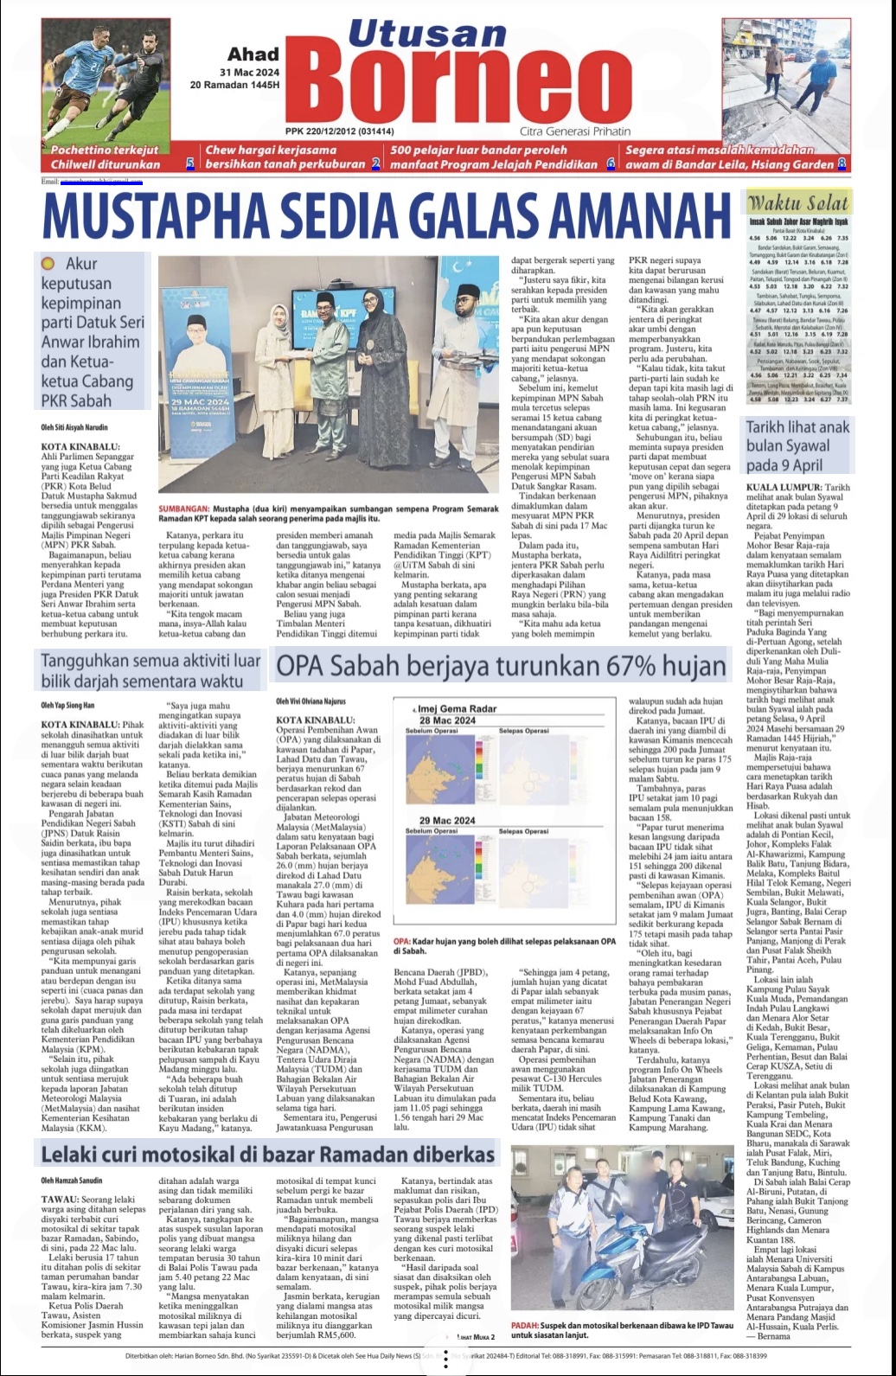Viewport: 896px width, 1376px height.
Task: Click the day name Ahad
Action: pyautogui.click(x=253, y=54)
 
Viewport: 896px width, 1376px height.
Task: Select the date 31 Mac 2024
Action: pyautogui.click(x=248, y=72)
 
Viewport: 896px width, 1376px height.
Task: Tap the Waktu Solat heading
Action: pyautogui.click(x=798, y=204)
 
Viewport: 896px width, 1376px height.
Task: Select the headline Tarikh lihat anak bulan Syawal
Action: pyautogui.click(x=797, y=446)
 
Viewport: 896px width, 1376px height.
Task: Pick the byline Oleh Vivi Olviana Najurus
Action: pyautogui.click(x=311, y=701)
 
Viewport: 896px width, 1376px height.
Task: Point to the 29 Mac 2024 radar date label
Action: pyautogui.click(x=447, y=820)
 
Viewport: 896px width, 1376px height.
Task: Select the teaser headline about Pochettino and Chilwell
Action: pyautogui.click(x=106, y=157)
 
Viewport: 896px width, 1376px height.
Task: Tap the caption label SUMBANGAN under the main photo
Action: pyautogui.click(x=184, y=509)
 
